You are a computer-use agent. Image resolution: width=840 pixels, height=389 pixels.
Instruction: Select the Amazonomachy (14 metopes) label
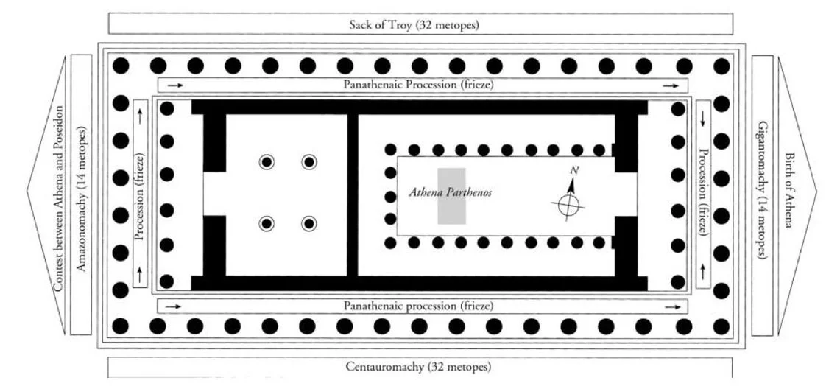click(82, 198)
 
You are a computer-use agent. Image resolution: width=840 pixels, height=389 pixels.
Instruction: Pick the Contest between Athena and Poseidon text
click(57, 198)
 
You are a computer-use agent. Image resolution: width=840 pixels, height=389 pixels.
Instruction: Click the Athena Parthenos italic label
click(450, 193)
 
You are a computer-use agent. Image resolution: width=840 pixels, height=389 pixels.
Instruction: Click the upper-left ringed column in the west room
click(266, 162)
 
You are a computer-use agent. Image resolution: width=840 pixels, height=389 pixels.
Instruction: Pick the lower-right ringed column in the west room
click(308, 223)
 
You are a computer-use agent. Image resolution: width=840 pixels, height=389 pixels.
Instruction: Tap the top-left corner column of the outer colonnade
click(121, 66)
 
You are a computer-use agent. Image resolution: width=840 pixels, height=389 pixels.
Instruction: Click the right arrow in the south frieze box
click(670, 306)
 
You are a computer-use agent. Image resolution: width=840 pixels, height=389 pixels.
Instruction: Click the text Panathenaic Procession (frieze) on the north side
click(418, 85)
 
